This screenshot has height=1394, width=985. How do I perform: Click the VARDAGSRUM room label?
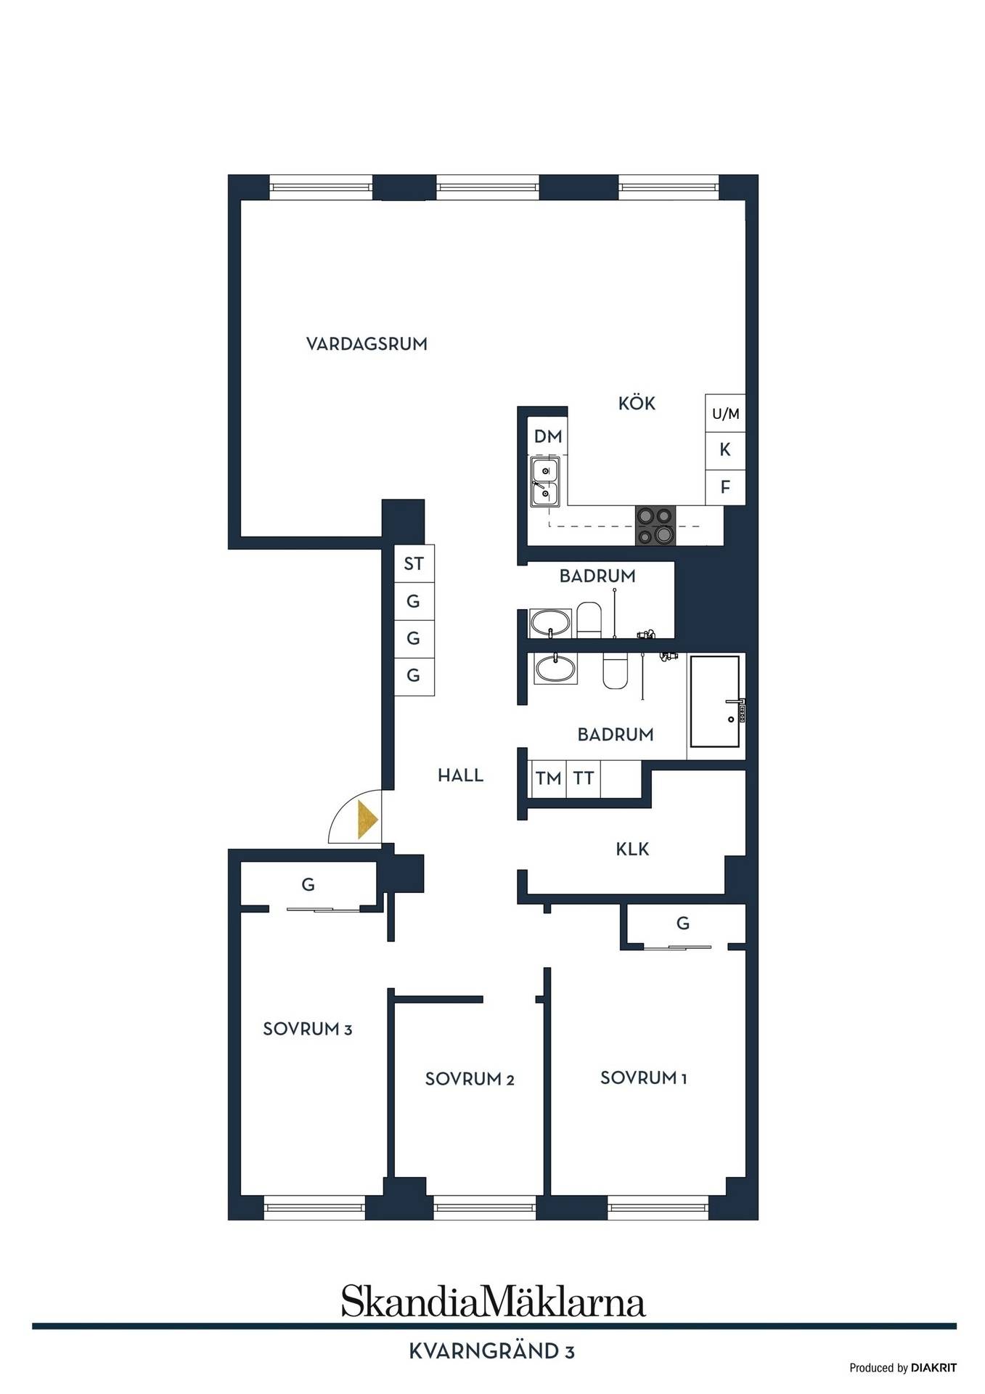pos(367,344)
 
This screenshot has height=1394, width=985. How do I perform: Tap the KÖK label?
pos(637,403)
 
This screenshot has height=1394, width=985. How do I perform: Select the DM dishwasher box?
pos(547,436)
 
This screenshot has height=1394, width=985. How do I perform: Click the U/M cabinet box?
pos(725,414)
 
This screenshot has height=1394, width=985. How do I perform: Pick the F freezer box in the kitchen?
pos(725,487)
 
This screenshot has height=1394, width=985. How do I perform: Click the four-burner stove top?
pos(655,525)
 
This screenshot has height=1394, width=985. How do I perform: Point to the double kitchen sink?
pos(545,481)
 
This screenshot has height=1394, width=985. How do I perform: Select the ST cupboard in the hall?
pos(414,564)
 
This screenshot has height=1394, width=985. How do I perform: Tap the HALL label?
pos(460,775)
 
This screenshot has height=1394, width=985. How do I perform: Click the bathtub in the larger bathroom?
pos(715,701)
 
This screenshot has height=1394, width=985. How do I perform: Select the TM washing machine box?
pos(548,778)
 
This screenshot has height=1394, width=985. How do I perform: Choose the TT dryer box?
pos(584,778)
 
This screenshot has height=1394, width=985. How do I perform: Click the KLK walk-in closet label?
pos(632,849)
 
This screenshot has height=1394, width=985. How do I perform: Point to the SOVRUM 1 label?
pos(643,1078)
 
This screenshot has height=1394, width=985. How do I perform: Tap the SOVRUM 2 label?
pos(470,1079)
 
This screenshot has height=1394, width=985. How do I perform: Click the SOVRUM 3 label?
pos(307,1029)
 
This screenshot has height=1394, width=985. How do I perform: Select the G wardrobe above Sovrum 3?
pos(308,884)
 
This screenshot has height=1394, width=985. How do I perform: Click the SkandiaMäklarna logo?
pos(493,1301)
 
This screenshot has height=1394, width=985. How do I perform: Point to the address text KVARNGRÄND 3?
pos(492,1351)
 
